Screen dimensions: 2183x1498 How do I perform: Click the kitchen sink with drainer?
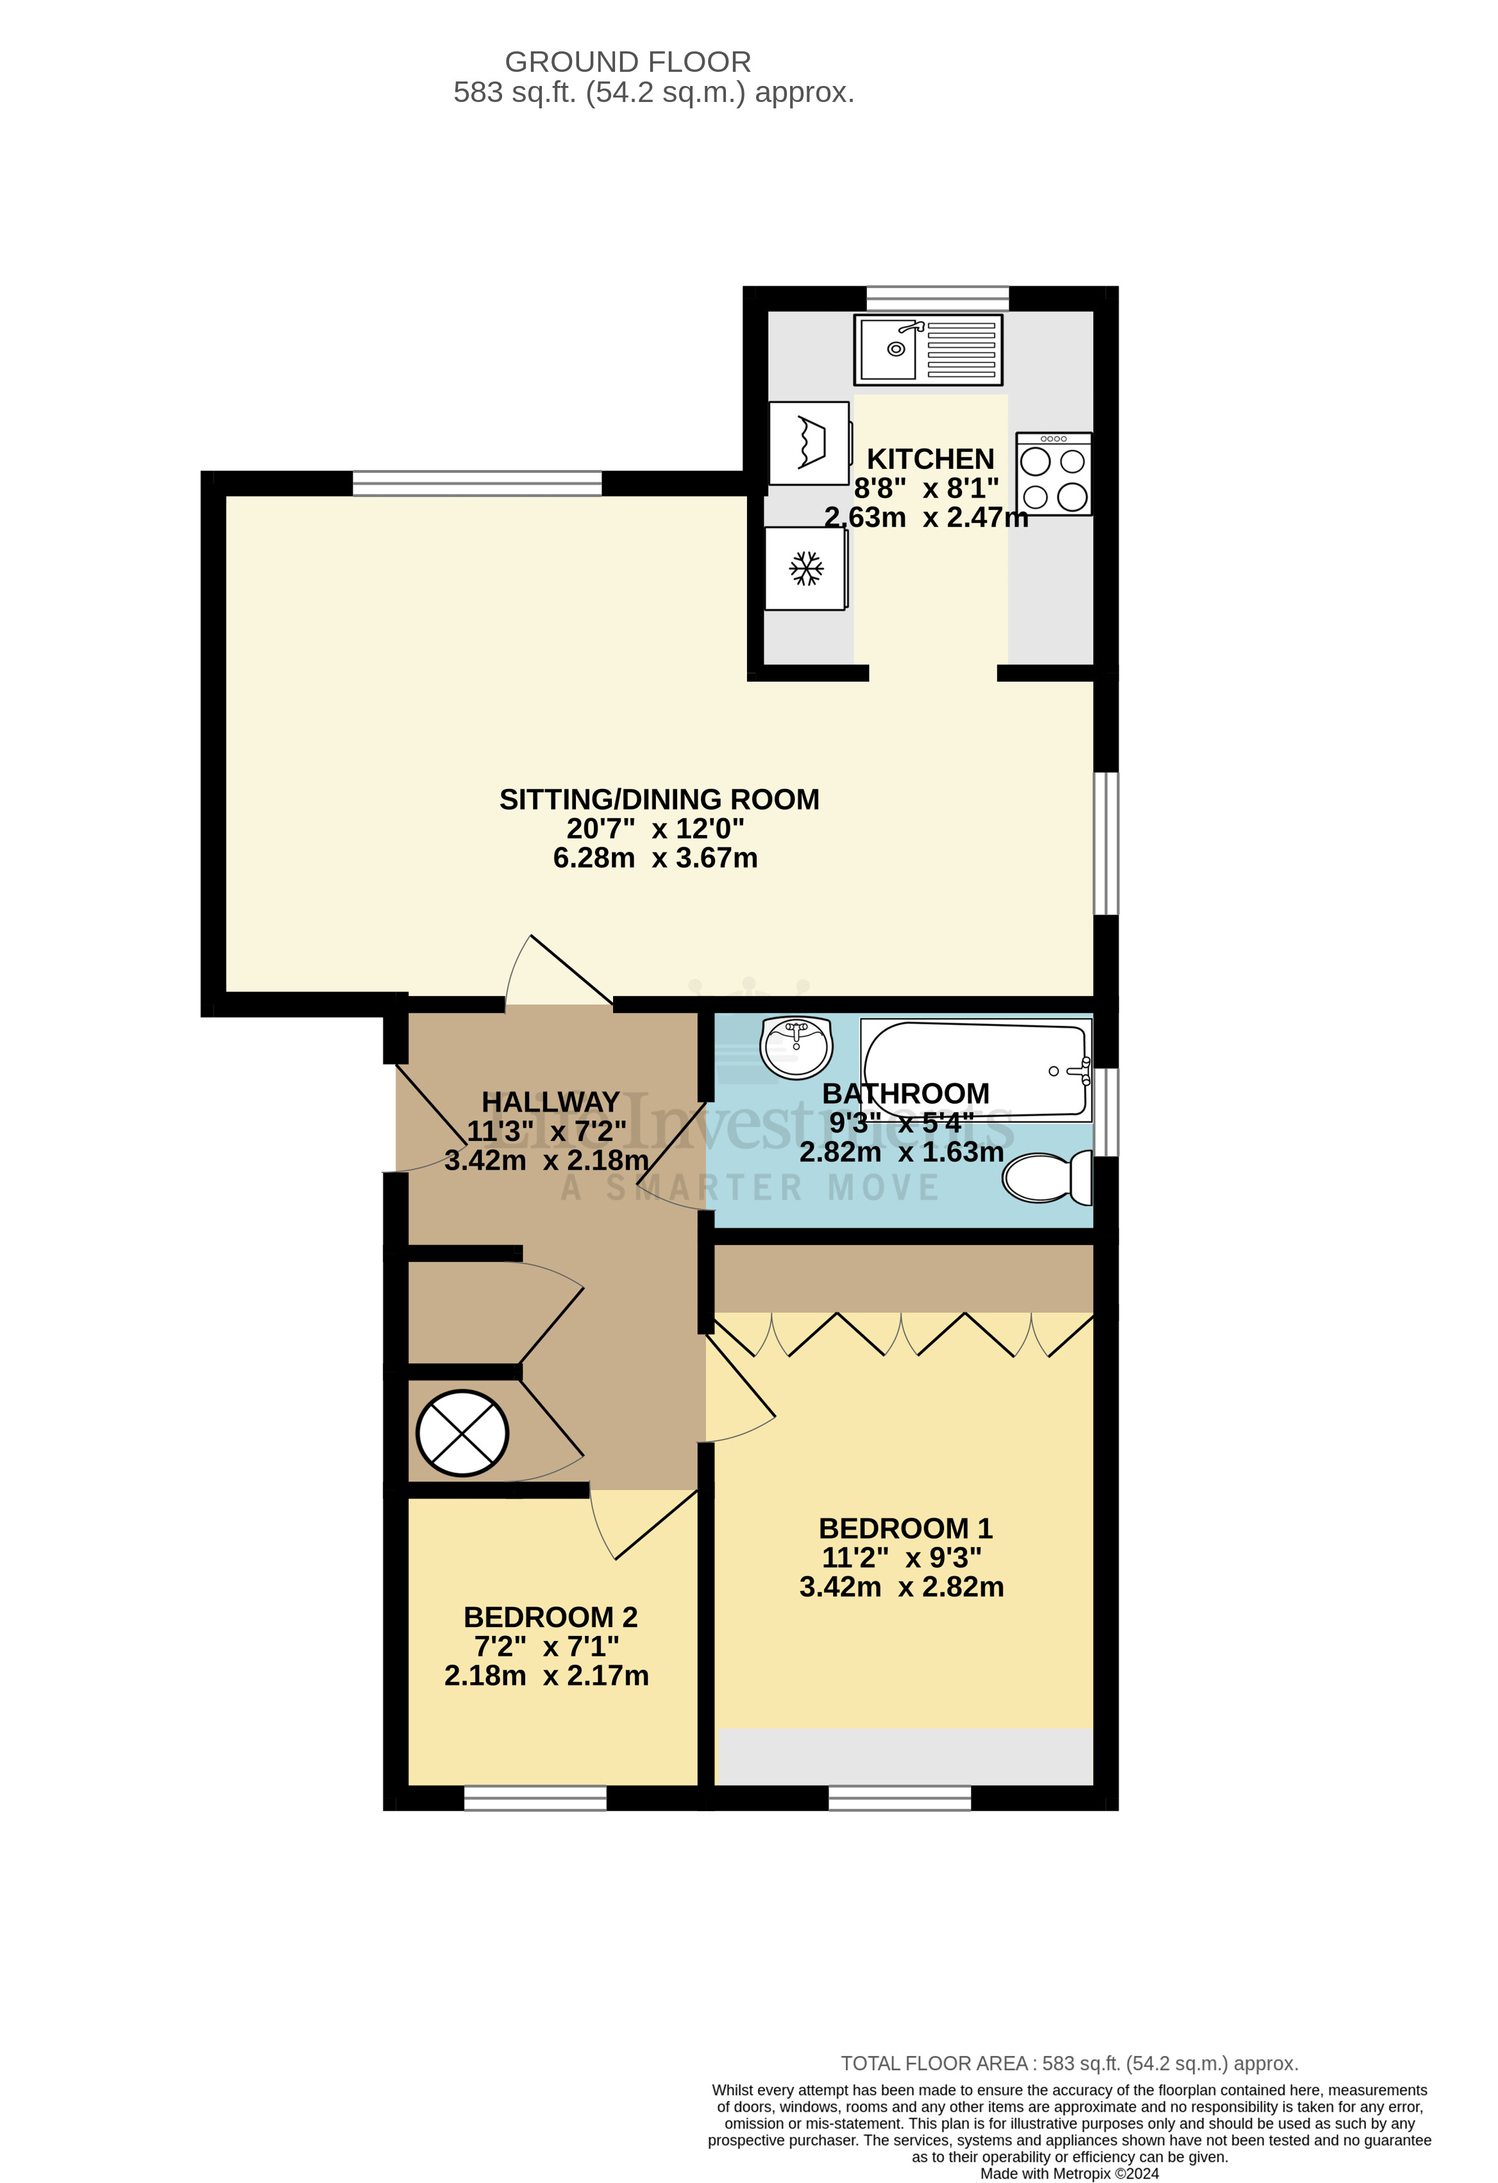(928, 350)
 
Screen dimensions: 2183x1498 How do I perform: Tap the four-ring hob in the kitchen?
(1053, 475)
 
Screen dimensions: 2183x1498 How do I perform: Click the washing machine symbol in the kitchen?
(809, 443)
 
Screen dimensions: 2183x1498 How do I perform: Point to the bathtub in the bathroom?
(977, 1070)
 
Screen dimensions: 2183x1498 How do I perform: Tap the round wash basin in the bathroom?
(796, 1047)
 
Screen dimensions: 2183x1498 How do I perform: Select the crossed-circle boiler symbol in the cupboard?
(462, 1433)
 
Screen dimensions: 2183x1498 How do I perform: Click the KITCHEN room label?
(930, 459)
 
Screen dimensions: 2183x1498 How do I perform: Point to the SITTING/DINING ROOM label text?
(659, 799)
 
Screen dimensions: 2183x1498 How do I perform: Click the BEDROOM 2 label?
(550, 1617)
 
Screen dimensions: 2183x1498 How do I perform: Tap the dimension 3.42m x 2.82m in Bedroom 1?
(901, 1587)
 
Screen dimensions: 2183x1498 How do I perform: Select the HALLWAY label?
(550, 1101)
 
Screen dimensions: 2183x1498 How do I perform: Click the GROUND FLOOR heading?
(627, 62)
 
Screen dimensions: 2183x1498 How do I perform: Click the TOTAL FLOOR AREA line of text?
(1069, 2064)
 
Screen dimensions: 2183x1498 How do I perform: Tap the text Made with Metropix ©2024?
(1069, 2173)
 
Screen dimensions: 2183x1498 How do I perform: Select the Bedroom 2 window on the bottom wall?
(535, 1798)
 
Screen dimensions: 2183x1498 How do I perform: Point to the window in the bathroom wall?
(1106, 1111)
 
